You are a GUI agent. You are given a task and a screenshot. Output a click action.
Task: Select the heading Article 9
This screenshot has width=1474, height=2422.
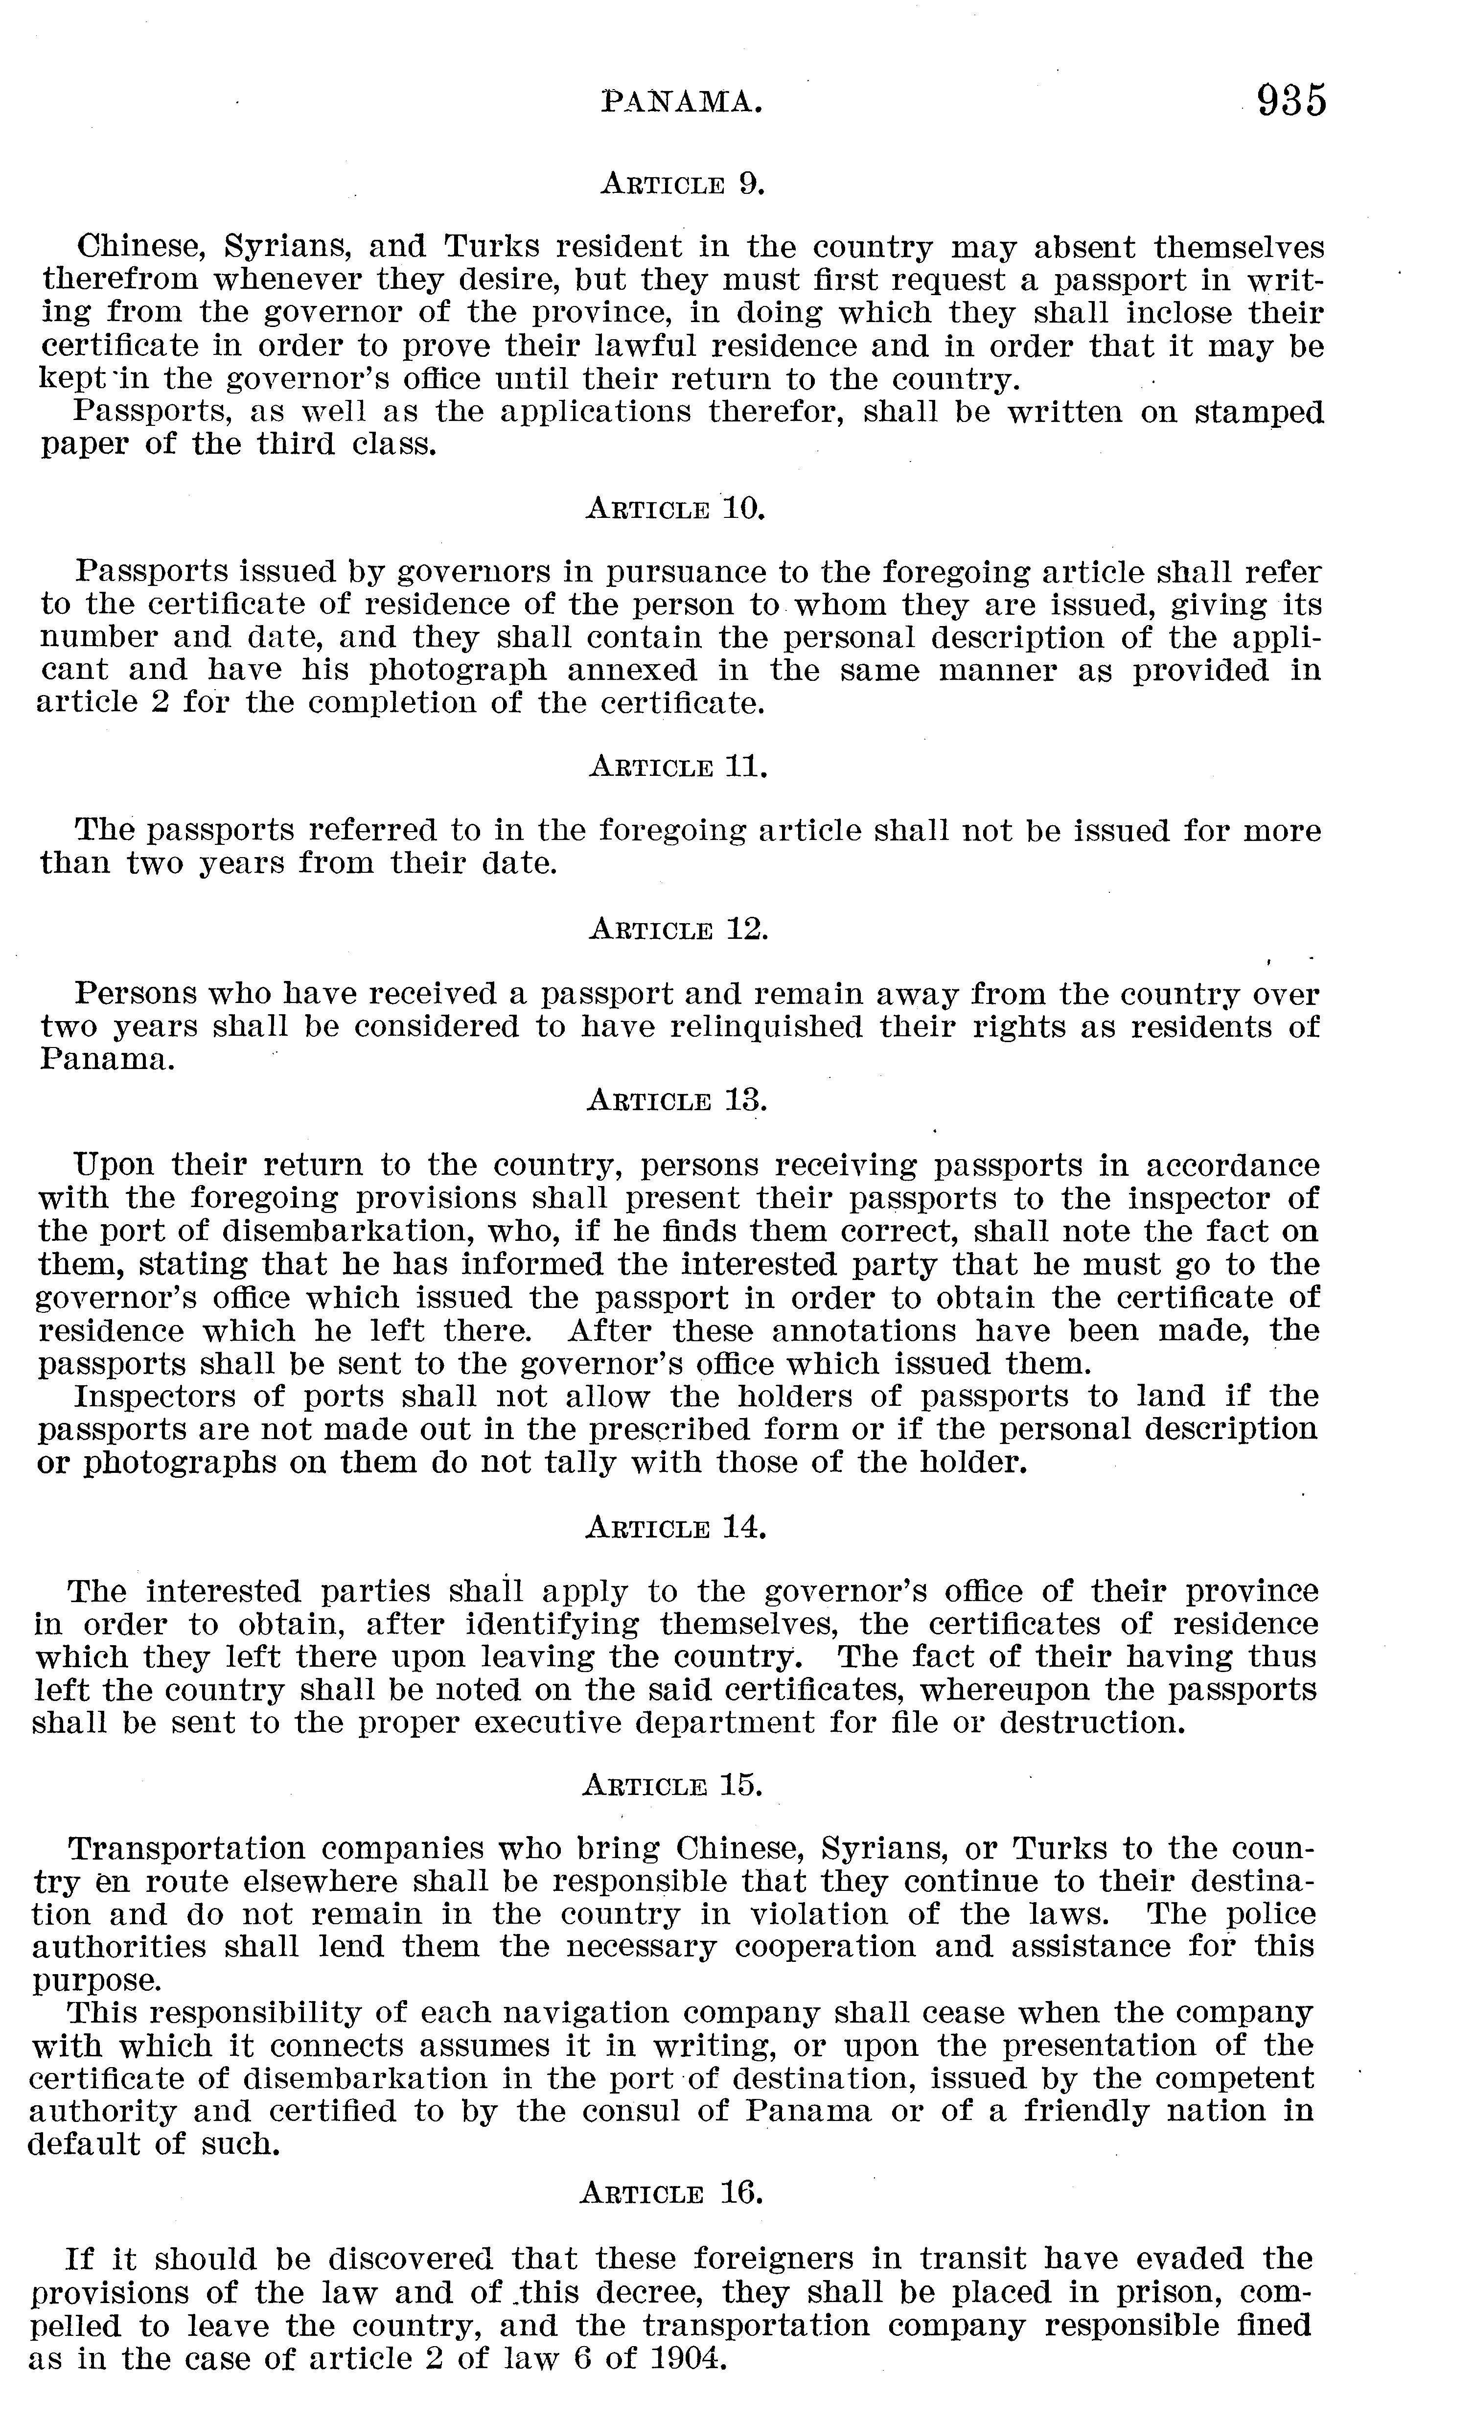tap(682, 184)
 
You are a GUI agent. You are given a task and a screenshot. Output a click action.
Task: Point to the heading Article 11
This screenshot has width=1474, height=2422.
tap(677, 767)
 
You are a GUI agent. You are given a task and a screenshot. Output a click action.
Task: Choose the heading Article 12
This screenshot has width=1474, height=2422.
tap(677, 929)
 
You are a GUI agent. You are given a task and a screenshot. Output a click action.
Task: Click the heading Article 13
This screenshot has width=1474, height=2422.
tap(676, 1101)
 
